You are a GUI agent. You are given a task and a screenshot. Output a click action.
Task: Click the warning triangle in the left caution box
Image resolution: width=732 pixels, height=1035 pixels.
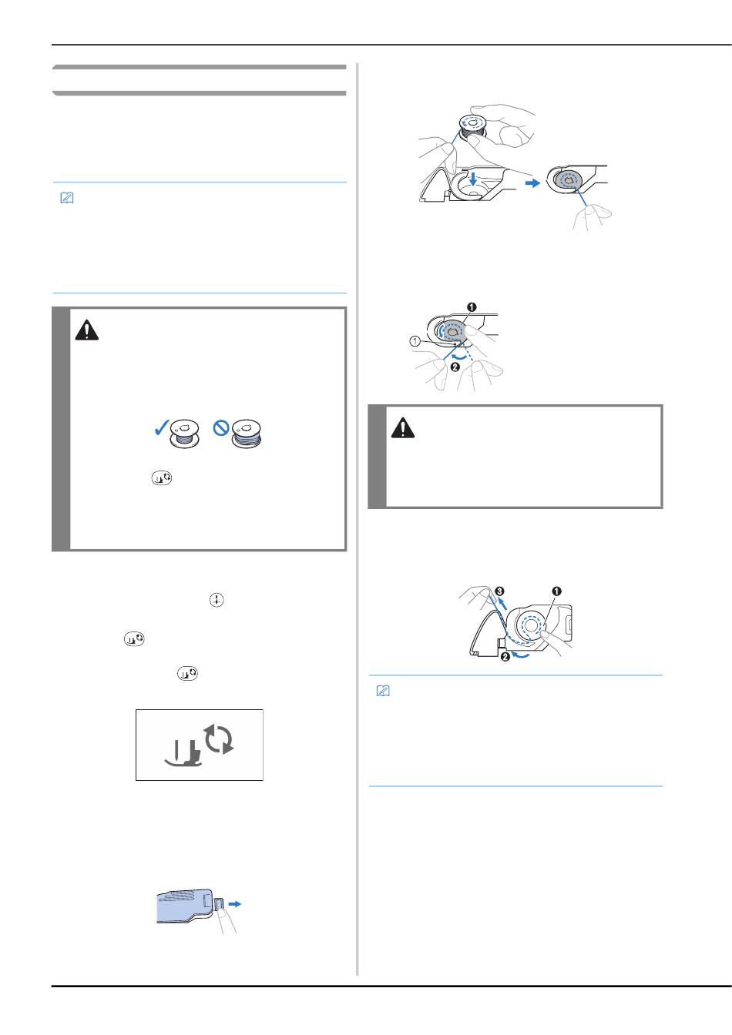pos(87,330)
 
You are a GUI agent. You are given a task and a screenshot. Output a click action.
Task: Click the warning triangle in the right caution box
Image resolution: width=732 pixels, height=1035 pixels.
pos(403,428)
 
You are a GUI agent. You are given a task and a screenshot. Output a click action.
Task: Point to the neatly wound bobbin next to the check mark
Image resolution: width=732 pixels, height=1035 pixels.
pos(184,434)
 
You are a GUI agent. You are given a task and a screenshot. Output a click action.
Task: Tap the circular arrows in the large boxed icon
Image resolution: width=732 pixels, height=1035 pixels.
pos(219,739)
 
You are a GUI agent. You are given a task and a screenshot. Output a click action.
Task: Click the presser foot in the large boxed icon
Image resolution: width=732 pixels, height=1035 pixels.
pos(184,753)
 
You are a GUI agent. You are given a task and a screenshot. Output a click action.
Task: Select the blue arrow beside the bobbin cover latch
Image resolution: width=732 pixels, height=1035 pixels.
pos(235,904)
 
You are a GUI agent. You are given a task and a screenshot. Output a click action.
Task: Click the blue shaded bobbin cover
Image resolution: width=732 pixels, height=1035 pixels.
pos(185,906)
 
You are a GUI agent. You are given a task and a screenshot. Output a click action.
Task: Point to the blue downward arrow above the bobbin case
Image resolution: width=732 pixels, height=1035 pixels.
pos(472,179)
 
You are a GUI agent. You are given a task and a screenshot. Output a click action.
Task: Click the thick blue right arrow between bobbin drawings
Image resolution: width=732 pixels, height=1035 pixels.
pos(532,183)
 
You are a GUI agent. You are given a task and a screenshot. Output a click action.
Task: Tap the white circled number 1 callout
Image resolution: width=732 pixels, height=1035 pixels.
pos(415,341)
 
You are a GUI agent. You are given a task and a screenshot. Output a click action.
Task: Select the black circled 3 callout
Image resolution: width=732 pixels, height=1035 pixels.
pos(499,591)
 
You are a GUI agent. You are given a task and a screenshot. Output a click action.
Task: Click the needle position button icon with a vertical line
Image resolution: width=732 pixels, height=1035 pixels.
pos(217,600)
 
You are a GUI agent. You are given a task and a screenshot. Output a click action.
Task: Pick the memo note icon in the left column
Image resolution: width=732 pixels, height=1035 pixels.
pos(67,198)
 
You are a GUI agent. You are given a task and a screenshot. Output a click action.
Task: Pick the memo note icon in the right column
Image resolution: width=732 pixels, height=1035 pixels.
pos(383,692)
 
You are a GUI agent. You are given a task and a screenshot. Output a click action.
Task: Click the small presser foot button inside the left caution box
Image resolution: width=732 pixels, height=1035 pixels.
pos(161,478)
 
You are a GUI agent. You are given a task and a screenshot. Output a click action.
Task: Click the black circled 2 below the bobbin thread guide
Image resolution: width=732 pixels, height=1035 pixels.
pos(505,657)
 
